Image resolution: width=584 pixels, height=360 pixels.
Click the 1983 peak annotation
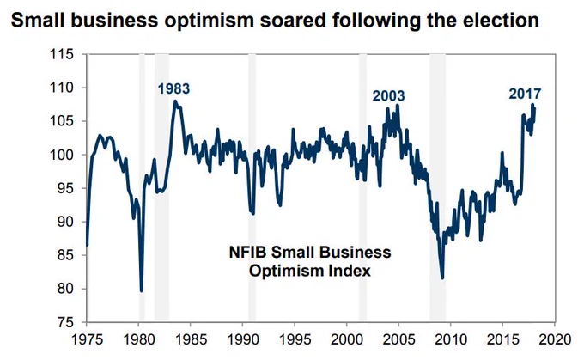pyautogui.click(x=173, y=89)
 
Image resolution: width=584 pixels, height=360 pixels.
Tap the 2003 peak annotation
pyautogui.click(x=388, y=96)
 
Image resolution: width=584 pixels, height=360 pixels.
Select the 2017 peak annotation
pyautogui.click(x=525, y=94)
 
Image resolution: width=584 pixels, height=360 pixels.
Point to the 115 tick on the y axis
pyautogui.click(x=62, y=54)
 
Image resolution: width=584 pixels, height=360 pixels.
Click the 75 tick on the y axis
pyautogui.click(x=65, y=322)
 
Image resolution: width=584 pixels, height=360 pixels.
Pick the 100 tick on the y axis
pyautogui.click(x=62, y=155)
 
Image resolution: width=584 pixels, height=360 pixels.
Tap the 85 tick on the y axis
pyautogui.click(x=65, y=255)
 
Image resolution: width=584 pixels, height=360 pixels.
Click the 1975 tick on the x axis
pyautogui.click(x=87, y=339)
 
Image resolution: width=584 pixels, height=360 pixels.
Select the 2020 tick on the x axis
pyautogui.click(x=555, y=339)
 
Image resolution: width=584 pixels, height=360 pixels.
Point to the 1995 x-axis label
pyautogui.click(x=295, y=339)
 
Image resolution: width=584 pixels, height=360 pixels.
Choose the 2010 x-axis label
pyautogui.click(x=451, y=339)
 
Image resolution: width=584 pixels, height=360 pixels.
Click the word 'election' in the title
pyautogui.click(x=501, y=21)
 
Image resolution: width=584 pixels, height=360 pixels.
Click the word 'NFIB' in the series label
pyautogui.click(x=247, y=253)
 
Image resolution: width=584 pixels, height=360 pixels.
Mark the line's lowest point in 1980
pyautogui.click(x=142, y=290)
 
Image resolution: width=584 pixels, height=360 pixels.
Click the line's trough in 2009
pyautogui.click(x=442, y=278)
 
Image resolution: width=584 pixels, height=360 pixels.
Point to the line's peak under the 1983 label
pyautogui.click(x=175, y=101)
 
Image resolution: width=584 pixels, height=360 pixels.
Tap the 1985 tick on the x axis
pyautogui.click(x=191, y=339)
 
